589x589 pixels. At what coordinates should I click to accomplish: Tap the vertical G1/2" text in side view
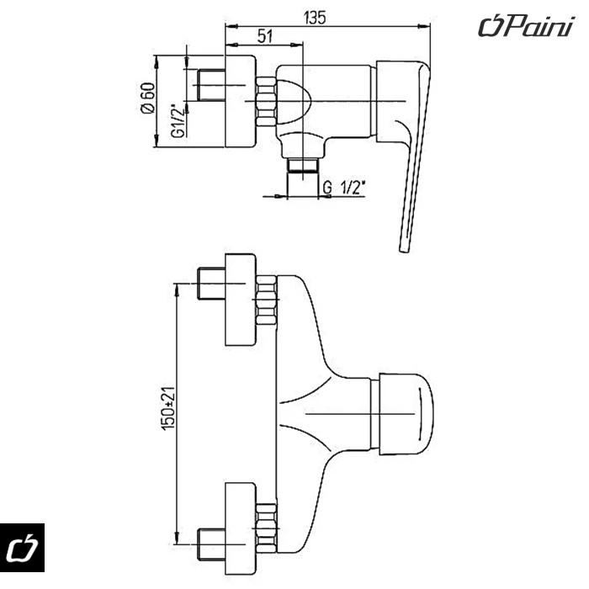177,120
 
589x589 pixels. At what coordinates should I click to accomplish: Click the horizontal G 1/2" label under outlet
347,188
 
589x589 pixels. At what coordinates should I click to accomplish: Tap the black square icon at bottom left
23,549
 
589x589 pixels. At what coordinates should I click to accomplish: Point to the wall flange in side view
239,102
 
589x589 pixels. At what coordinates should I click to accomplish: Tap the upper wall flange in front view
239,300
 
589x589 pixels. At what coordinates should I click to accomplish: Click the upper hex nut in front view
266,300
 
